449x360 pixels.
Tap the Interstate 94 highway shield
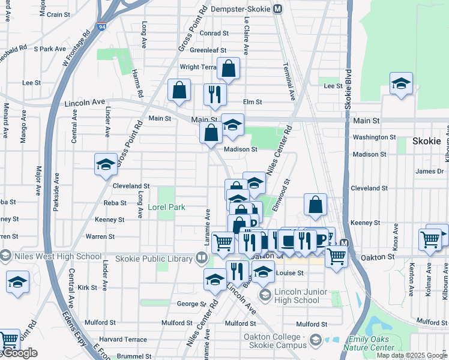click(101, 28)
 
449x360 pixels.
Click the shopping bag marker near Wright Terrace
click(229, 70)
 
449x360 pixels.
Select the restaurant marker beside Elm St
click(214, 94)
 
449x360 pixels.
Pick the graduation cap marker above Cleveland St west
click(106, 164)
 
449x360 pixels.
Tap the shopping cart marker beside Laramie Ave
click(223, 242)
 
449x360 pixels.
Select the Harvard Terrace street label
click(123, 340)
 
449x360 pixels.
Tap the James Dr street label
click(430, 172)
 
